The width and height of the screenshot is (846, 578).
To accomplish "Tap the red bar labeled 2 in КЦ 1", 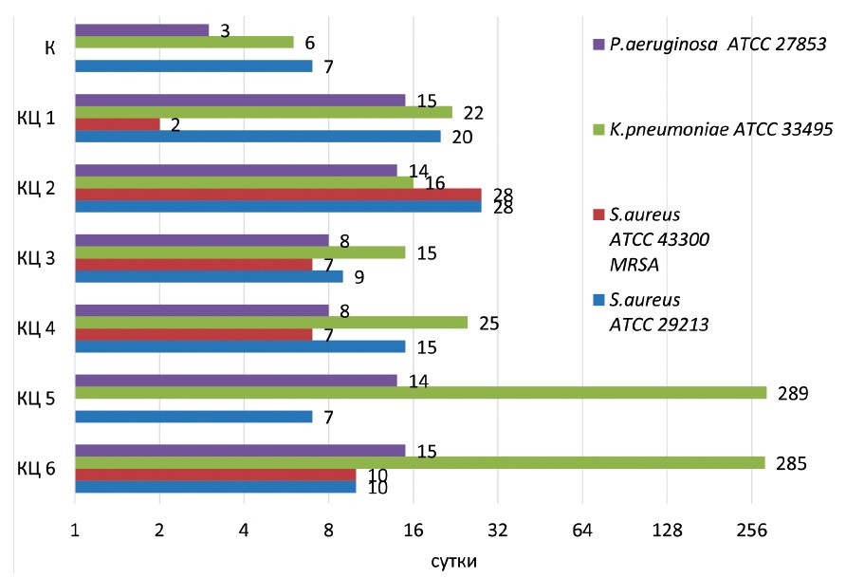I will (117, 124).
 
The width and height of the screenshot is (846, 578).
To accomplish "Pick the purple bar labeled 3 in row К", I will (141, 30).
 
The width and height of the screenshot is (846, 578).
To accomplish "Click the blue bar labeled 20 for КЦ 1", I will (257, 136).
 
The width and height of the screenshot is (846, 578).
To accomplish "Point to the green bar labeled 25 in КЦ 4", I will (270, 323).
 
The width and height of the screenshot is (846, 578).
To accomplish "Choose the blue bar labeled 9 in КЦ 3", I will (209, 276).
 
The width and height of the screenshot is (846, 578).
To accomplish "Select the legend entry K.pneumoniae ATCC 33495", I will (720, 129).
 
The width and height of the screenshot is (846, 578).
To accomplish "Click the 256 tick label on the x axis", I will (751, 531).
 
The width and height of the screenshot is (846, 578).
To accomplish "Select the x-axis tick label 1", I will (74, 531).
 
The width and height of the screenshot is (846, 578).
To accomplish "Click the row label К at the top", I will (48, 48).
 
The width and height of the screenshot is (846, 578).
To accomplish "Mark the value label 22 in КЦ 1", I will (473, 113).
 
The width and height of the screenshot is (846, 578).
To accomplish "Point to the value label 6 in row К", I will (310, 43).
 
